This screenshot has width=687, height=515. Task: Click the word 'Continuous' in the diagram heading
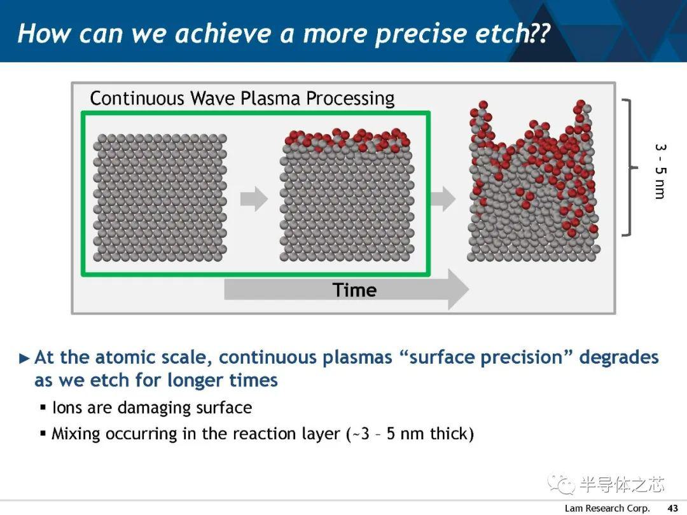click(x=137, y=98)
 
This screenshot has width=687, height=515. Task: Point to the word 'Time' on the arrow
click(x=354, y=290)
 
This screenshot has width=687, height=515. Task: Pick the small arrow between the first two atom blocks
click(x=254, y=199)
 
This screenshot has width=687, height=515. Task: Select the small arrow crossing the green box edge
click(x=443, y=199)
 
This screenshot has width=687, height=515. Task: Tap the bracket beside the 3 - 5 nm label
click(x=630, y=167)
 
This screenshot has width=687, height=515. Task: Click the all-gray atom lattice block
click(x=160, y=198)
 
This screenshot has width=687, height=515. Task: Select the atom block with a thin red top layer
click(x=347, y=195)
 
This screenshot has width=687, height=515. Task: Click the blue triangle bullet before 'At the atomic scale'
click(x=25, y=359)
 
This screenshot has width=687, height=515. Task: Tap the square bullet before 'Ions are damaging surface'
click(x=43, y=408)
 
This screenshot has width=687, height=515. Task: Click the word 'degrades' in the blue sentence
click(x=619, y=357)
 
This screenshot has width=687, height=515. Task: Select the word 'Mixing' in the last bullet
click(x=76, y=434)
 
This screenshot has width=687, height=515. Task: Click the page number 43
click(x=672, y=508)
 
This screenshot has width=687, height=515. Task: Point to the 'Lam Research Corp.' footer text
click(x=607, y=508)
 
